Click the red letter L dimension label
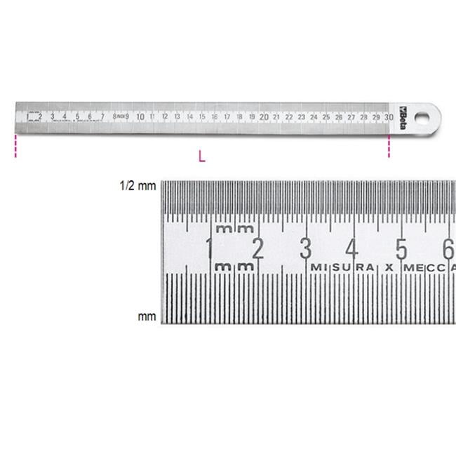point(202,156)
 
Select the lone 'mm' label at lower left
point(147,316)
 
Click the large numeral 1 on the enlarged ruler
point(209,248)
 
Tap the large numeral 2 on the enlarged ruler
point(257,248)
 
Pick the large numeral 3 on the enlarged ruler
point(305,248)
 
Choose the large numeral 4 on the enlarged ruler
point(353,248)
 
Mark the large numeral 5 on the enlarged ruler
point(401,248)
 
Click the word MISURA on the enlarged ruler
point(342,267)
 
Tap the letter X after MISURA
point(387,267)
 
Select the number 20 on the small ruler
point(264,116)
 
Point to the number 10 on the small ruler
point(140,116)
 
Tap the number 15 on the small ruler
point(202,116)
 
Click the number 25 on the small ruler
point(326,116)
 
